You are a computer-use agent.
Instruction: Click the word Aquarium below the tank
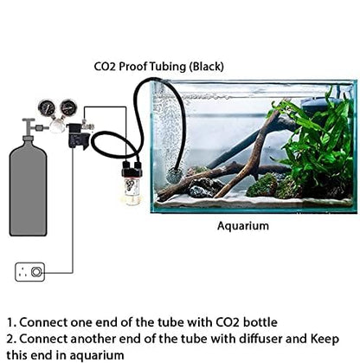pyautogui.click(x=243, y=225)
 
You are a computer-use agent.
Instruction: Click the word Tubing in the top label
pyautogui.click(x=177, y=66)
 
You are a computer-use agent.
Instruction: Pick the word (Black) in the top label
pyautogui.click(x=222, y=66)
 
